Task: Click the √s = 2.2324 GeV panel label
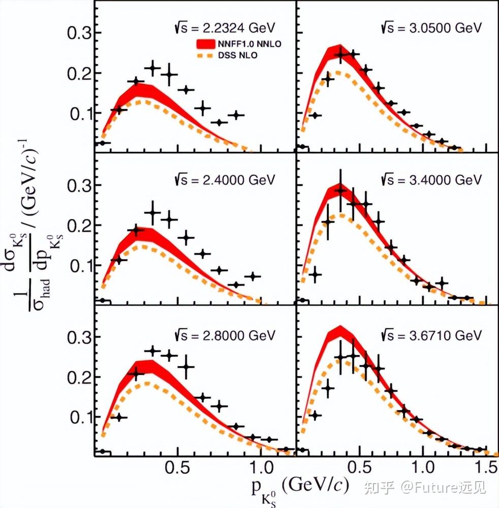(x=225, y=28)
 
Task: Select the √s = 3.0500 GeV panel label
(x=431, y=28)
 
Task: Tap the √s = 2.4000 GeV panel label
(x=225, y=180)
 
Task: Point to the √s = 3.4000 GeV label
(x=431, y=180)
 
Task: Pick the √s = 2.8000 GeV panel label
(x=225, y=335)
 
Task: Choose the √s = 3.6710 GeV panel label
(x=431, y=335)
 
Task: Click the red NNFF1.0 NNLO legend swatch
(x=205, y=44)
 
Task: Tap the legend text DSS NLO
(x=238, y=55)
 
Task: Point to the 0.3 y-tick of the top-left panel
(x=80, y=33)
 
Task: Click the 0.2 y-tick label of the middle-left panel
(x=80, y=226)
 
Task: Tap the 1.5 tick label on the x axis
(x=487, y=467)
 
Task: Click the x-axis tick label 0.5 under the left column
(x=177, y=467)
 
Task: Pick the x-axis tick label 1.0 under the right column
(x=423, y=467)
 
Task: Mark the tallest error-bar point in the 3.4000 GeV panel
(x=340, y=190)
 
